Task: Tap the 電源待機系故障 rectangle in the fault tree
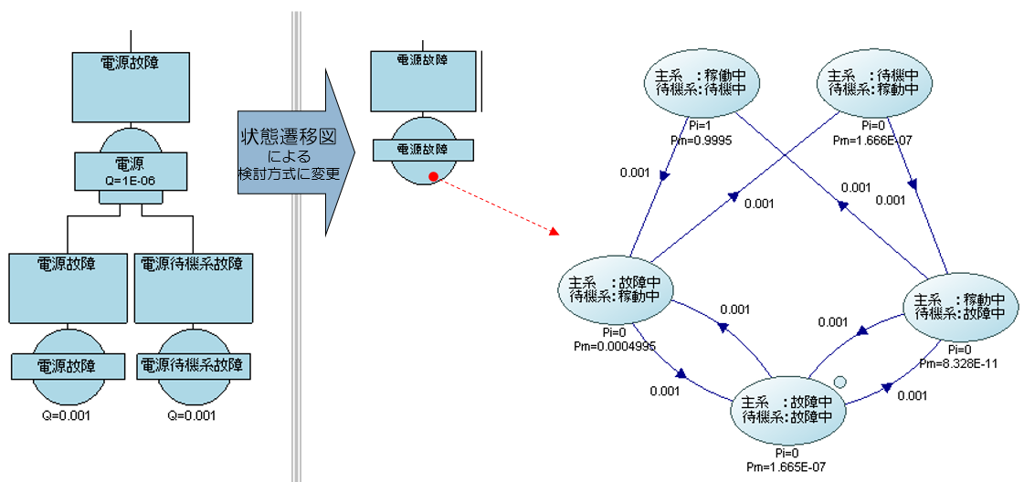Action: click(x=195, y=287)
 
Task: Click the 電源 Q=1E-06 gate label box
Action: click(x=132, y=169)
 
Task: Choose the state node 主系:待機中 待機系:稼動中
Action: click(x=873, y=82)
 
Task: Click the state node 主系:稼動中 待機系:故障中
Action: click(x=959, y=306)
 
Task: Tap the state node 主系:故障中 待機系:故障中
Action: click(x=786, y=409)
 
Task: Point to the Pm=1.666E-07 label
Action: click(x=875, y=141)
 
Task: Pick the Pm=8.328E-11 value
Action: click(x=960, y=362)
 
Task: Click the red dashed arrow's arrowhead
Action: click(x=554, y=234)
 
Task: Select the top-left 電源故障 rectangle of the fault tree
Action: click(x=132, y=87)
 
